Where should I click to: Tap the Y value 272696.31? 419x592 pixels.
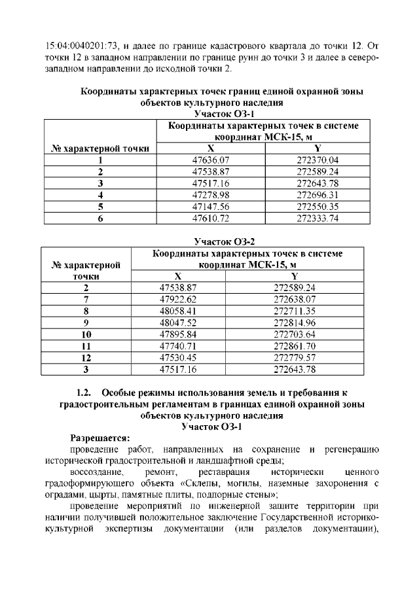tap(318, 195)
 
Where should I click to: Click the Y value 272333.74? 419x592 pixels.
tap(318, 218)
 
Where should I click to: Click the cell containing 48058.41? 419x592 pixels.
tap(178, 311)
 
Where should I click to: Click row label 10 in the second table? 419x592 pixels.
tap(86, 334)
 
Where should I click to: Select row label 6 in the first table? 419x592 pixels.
tap(100, 218)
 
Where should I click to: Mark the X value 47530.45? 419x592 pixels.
tap(178, 358)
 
